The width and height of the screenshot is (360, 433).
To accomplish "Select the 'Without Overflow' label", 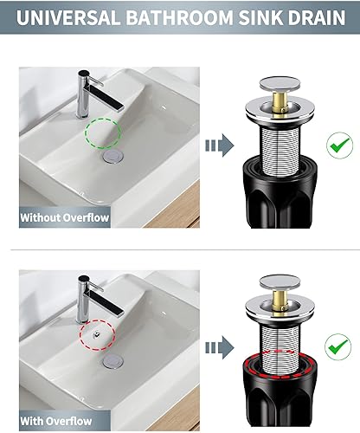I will coord(66,217).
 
